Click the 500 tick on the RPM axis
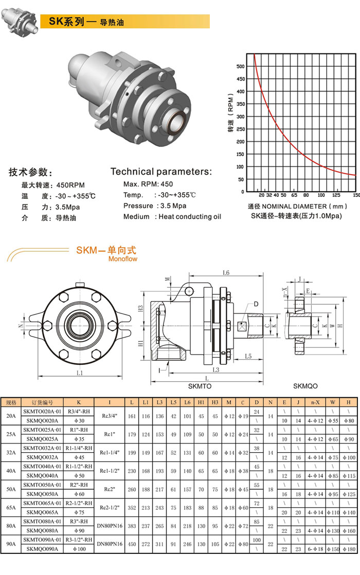240,66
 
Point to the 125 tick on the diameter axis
336,195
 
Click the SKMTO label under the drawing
200,386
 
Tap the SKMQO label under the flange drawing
305,386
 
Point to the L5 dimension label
248,356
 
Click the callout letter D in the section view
256,304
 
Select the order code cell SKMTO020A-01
42,412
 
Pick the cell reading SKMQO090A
42,564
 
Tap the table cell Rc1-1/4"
110,452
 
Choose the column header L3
160,402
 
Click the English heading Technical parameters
161,172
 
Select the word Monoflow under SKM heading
122,259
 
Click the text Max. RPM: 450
148,184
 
